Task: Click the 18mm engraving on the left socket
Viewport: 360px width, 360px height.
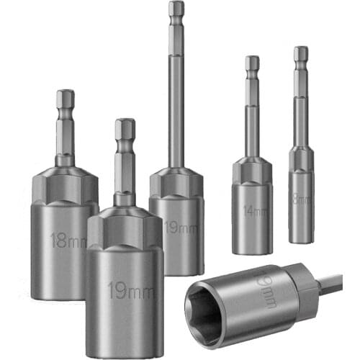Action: (x=68, y=239)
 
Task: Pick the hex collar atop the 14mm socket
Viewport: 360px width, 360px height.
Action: (x=252, y=170)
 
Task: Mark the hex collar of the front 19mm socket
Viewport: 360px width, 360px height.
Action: (x=125, y=227)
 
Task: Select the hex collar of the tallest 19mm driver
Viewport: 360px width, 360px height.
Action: (x=176, y=181)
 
